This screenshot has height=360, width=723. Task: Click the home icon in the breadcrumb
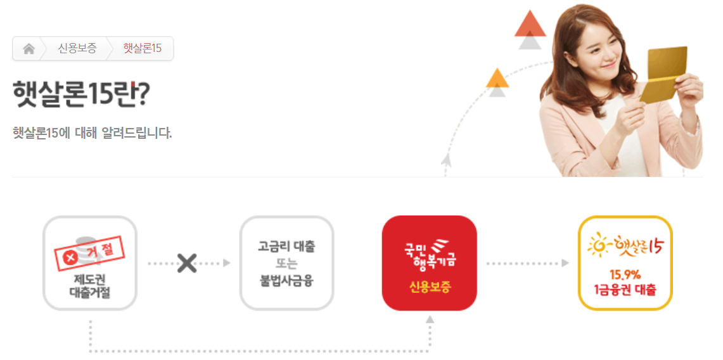click(29, 49)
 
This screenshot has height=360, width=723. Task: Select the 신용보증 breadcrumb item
click(77, 49)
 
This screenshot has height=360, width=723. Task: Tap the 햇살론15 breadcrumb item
click(142, 49)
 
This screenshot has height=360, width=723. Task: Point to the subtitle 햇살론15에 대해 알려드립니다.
click(92, 133)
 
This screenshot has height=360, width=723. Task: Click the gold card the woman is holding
click(664, 74)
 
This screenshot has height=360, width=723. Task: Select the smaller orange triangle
click(497, 78)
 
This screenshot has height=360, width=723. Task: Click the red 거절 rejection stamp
click(90, 254)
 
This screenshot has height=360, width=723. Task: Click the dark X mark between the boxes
click(186, 263)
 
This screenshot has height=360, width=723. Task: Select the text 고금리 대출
click(286, 247)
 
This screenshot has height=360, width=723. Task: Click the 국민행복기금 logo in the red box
click(430, 252)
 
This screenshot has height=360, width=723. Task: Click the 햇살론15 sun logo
click(625, 245)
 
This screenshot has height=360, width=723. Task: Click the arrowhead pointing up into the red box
click(430, 319)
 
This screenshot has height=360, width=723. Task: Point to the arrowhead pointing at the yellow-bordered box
click(565, 263)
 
